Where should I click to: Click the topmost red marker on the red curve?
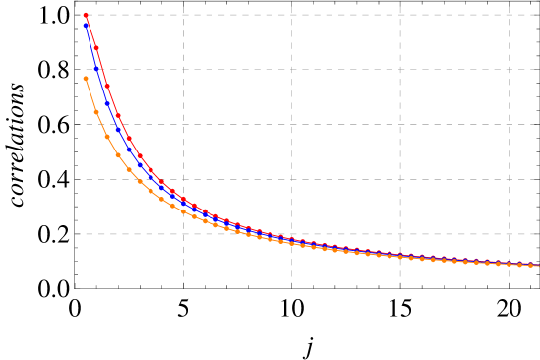86,16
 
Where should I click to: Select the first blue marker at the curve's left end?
86,24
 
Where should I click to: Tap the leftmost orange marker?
86,79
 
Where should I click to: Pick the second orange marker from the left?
96,112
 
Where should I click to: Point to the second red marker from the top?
96,48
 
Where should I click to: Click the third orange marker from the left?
107,137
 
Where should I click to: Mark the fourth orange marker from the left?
118,155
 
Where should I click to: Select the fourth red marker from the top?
118,116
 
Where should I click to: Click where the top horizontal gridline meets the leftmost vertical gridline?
183,15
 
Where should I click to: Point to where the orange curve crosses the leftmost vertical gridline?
183,211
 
